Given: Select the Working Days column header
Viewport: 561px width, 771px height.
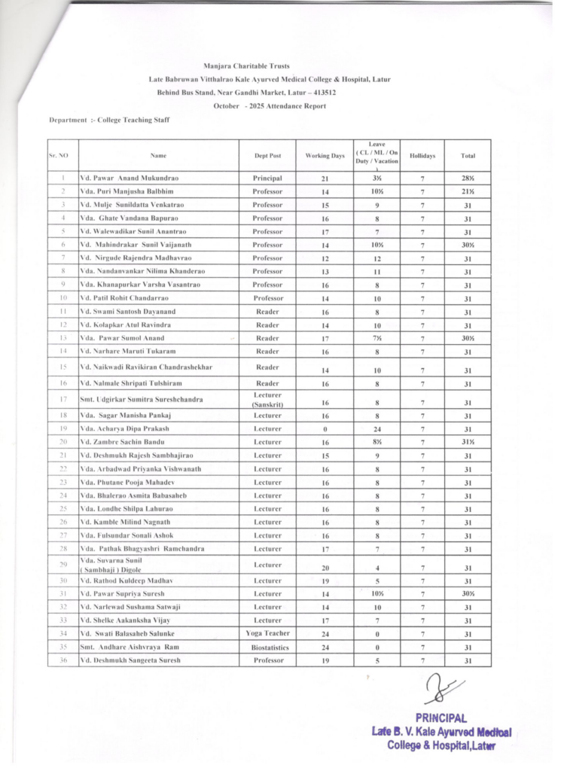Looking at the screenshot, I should [x=325, y=156].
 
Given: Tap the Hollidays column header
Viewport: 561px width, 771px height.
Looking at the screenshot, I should [x=422, y=156].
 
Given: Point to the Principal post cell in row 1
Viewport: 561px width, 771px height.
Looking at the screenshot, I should [x=267, y=178].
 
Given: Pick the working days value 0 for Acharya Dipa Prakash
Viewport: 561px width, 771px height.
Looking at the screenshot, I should [x=325, y=428].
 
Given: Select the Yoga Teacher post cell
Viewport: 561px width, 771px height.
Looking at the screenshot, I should [x=267, y=634].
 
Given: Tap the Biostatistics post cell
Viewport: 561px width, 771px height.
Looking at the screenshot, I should [x=267, y=648].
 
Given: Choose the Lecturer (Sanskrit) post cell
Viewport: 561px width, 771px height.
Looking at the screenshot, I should [x=267, y=399].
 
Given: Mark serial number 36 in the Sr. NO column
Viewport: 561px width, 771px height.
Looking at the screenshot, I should [x=63, y=660].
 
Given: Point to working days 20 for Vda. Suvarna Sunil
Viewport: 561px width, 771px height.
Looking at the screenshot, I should [x=325, y=568].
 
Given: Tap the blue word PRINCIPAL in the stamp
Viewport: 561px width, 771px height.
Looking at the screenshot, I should [x=441, y=718].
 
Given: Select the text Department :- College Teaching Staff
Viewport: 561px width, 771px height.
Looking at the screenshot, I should [x=109, y=120].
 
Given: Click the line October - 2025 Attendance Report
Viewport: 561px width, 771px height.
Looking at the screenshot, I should [x=270, y=106].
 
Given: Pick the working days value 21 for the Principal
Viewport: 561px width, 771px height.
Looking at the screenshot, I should [x=325, y=178].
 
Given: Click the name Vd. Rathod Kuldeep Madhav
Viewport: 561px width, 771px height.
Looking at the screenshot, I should [x=129, y=581].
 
